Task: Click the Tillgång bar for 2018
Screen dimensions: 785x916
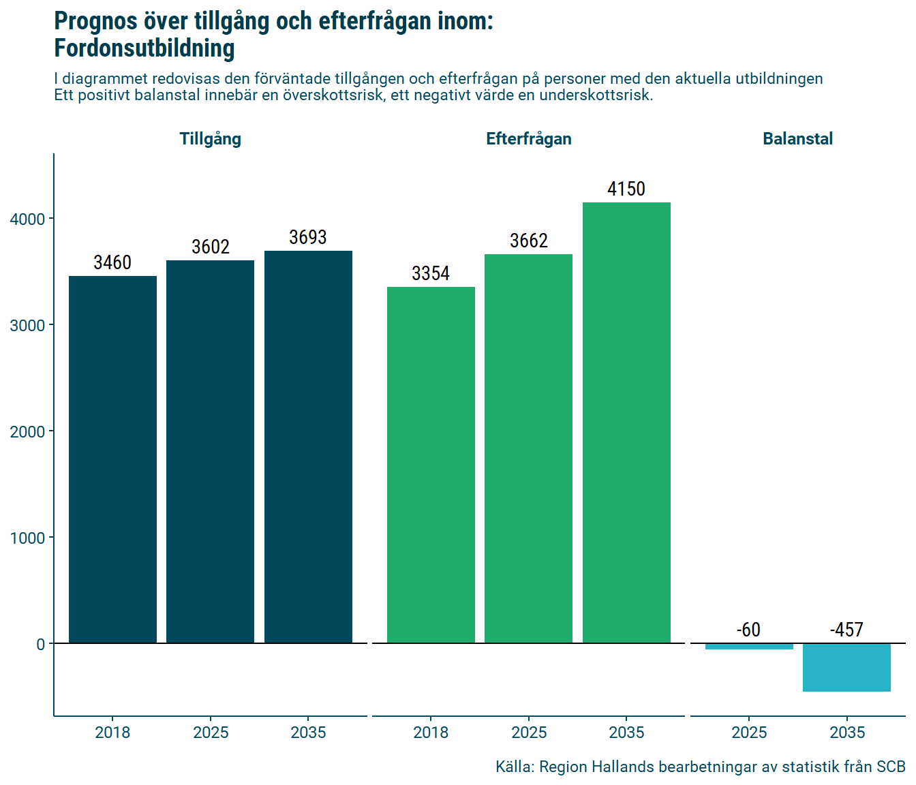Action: tap(112, 459)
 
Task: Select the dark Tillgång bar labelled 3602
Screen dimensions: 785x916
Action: tap(210, 451)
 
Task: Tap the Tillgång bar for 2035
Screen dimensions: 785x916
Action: tap(308, 446)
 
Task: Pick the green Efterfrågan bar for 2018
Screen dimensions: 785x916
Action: tap(431, 465)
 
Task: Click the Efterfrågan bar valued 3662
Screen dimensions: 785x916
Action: tap(528, 448)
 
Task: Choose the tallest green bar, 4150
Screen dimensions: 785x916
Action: tap(626, 422)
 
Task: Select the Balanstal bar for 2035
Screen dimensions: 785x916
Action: tap(846, 668)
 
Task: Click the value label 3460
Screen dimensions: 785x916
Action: tap(112, 262)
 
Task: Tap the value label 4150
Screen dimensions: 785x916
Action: tap(626, 189)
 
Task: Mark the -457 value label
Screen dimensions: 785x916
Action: tap(846, 630)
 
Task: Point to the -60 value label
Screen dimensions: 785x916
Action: tap(748, 630)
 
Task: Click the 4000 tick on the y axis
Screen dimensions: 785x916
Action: tap(27, 219)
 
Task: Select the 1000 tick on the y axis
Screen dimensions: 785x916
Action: tap(27, 538)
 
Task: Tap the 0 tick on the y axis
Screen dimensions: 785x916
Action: tap(41, 645)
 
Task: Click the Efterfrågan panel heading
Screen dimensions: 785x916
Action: tap(528, 139)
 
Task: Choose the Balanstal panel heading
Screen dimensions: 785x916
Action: tap(797, 139)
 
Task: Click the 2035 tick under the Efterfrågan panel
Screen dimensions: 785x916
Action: tap(626, 733)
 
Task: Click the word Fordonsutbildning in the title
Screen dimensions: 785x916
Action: tap(144, 48)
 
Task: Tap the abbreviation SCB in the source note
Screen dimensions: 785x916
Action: tap(891, 767)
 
